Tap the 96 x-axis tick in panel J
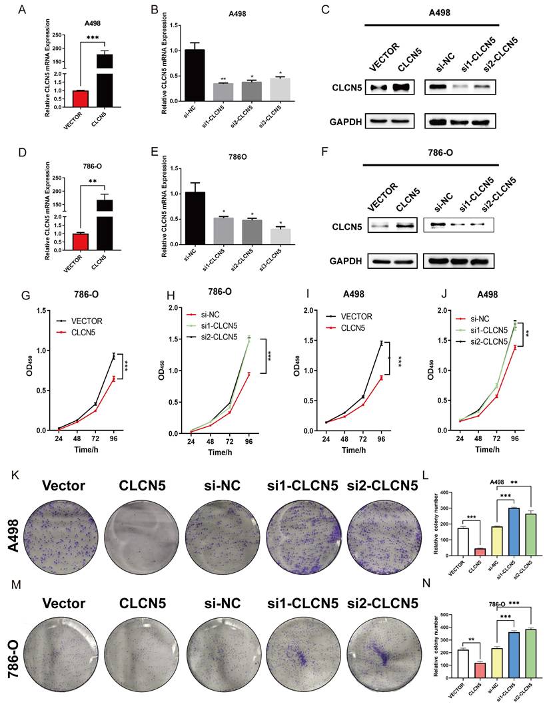click(x=514, y=440)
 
